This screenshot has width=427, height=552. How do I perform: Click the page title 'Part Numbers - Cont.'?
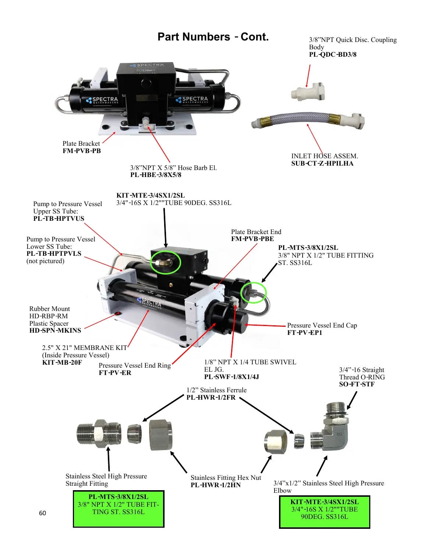coord(213,37)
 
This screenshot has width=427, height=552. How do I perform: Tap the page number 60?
coord(42,513)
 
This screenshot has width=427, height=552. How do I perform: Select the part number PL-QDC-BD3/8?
coord(332,54)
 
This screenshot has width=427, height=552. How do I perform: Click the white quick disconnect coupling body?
coord(308,92)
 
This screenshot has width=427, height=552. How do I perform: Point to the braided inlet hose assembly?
coord(308,120)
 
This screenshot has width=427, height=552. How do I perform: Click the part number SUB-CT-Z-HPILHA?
coord(322,163)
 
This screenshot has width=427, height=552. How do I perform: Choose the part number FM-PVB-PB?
coord(82,151)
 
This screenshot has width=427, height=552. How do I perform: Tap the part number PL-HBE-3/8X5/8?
coord(156,175)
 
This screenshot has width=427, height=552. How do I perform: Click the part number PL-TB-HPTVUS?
coord(59,219)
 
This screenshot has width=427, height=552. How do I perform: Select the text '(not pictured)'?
coord(45,261)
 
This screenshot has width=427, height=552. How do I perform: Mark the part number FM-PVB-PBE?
coord(253,239)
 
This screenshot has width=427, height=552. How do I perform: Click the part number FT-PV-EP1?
coord(304,333)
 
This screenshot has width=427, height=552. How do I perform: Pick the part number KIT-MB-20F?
coord(62,362)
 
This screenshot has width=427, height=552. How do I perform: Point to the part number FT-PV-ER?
coord(115,373)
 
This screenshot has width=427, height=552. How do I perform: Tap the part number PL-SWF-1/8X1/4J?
coord(232,377)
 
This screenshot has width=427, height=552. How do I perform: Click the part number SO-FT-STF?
coord(357,384)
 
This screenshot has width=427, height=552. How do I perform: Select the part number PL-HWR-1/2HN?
coord(215,485)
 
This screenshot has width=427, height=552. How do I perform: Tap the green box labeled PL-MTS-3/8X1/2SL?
coord(119,509)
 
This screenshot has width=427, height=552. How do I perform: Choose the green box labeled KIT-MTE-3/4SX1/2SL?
coord(324,512)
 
